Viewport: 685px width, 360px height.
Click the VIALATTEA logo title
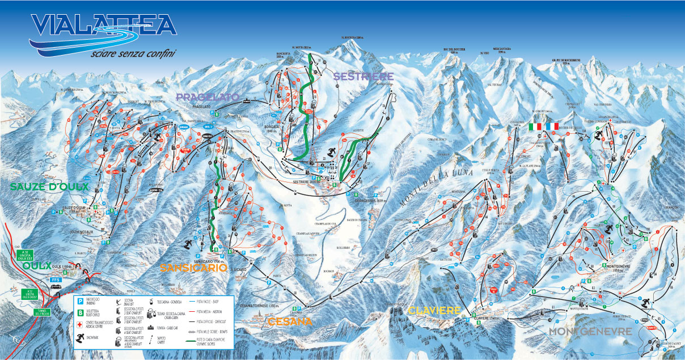(x=102, y=26)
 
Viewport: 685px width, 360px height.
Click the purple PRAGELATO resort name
(x=208, y=97)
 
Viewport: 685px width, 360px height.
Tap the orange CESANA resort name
(x=289, y=321)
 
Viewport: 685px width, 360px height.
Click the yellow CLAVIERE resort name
(x=434, y=310)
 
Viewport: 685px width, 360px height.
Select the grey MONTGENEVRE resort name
(x=591, y=331)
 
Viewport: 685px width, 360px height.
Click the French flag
(x=552, y=126)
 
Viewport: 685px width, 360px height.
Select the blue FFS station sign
(x=56, y=279)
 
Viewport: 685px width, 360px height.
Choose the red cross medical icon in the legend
(x=80, y=324)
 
